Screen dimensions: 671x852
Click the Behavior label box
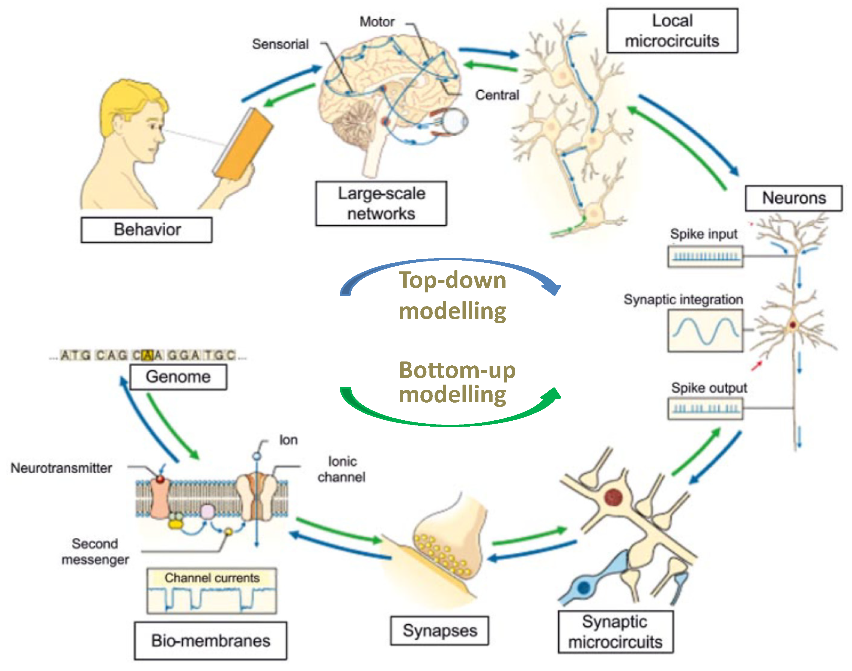[146, 230]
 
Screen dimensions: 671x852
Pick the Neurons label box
[793, 198]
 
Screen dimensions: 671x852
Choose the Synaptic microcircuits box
[615, 632]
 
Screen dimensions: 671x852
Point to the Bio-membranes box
[210, 641]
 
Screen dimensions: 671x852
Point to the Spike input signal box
[705, 256]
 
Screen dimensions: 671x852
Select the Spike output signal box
[705, 409]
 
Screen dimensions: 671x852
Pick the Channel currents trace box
[211, 591]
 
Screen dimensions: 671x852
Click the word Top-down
[452, 280]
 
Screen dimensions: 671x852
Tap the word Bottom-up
[457, 370]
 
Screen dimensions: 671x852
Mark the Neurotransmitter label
[61, 468]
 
